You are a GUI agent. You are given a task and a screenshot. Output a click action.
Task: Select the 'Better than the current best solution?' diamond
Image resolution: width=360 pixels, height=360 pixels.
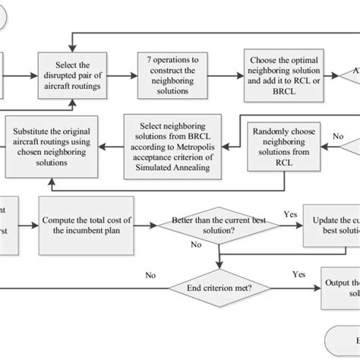coord(218,226)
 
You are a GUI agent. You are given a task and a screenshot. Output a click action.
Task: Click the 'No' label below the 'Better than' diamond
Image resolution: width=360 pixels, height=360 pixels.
coord(197,245)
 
